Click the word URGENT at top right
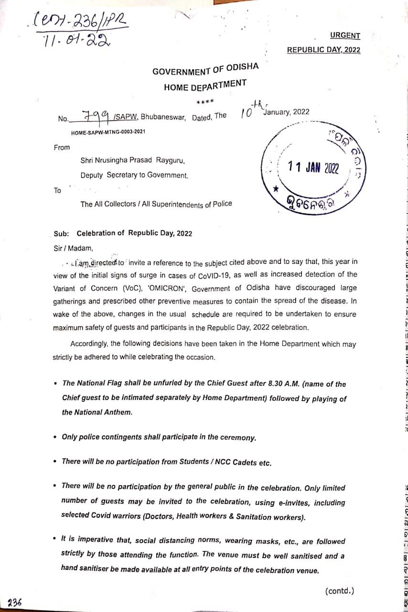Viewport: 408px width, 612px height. [345, 35]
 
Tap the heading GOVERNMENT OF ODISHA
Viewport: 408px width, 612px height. [205, 69]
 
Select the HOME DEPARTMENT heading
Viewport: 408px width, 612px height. [205, 86]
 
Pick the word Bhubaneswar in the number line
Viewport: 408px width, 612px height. [163, 117]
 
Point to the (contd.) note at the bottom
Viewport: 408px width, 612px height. [340, 591]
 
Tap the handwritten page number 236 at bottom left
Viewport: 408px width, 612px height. [15, 602]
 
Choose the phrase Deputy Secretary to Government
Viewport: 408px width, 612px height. [134, 175]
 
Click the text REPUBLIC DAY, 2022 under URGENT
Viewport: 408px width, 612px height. [323, 50]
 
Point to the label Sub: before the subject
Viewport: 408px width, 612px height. [61, 233]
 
